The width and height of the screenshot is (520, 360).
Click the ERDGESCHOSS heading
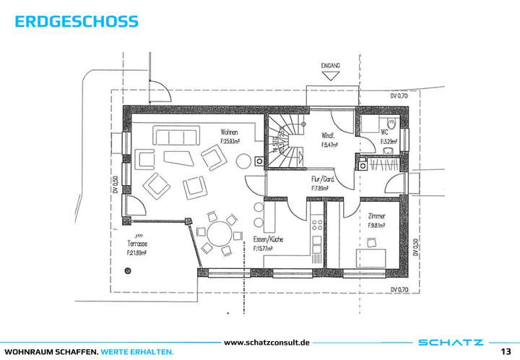[x=76, y=22]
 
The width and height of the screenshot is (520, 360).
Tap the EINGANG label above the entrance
[x=330, y=66]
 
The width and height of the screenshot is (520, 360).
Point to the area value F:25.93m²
[x=231, y=142]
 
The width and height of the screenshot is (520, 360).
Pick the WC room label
[x=385, y=133]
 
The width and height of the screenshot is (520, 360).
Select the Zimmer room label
[x=376, y=216]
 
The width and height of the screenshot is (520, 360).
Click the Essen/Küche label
[x=267, y=239]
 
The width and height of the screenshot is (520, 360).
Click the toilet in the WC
[x=391, y=123]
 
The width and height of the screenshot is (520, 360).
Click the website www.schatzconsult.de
[x=267, y=342]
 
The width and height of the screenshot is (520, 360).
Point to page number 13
[x=506, y=351]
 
